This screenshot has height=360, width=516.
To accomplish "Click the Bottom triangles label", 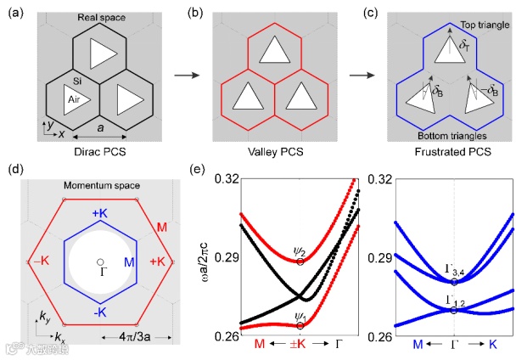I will [x=442, y=136].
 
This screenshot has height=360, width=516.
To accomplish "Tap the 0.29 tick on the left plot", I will [x=226, y=257].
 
